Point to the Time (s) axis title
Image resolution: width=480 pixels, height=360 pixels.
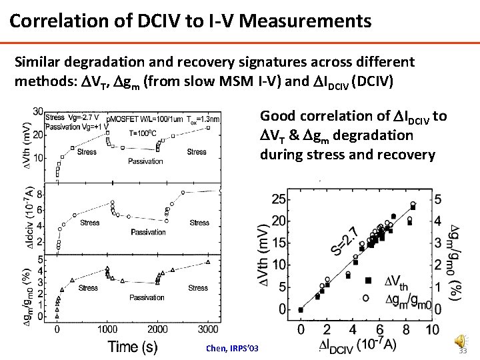pyautogui.click(x=133, y=345)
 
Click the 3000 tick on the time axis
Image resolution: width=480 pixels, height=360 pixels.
pyautogui.click(x=209, y=329)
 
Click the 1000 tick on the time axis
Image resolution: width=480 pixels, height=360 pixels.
pyautogui.click(x=107, y=329)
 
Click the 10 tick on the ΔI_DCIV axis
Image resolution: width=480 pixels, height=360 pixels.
pyautogui.click(x=431, y=329)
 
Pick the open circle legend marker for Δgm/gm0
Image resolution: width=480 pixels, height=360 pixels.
pyautogui.click(x=366, y=299)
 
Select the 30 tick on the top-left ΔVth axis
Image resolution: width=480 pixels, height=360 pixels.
pyautogui.click(x=39, y=111)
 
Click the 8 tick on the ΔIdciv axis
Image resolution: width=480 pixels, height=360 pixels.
pyautogui.click(x=40, y=195)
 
